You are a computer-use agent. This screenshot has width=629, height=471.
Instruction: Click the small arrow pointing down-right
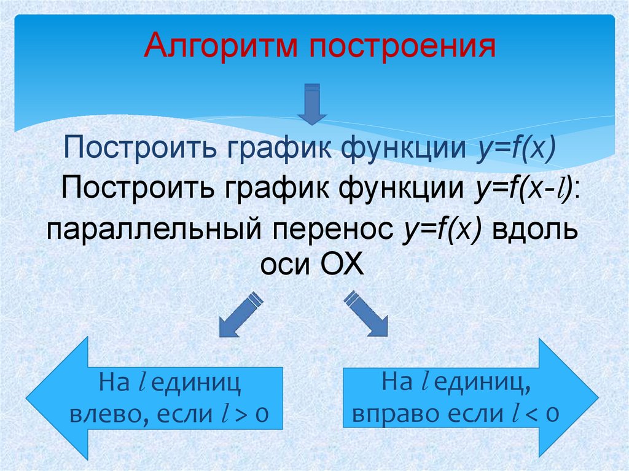click(x=367, y=314)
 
